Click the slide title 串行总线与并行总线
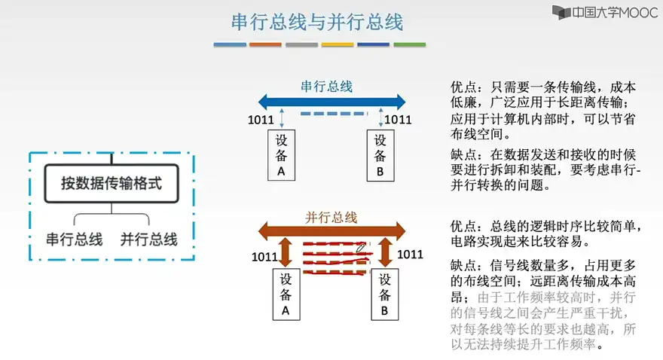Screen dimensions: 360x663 tap(317, 22)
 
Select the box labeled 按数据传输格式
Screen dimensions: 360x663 tap(111, 183)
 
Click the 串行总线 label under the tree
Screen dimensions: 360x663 tap(74, 239)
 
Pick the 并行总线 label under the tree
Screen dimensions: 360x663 tap(148, 239)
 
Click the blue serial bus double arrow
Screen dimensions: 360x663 tap(331, 101)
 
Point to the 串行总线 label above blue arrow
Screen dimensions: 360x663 tap(326, 86)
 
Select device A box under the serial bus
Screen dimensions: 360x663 tap(282, 156)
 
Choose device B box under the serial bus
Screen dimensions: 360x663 tap(380, 156)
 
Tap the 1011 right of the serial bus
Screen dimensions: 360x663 tap(398, 119)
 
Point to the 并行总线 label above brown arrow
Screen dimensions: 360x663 tap(331, 217)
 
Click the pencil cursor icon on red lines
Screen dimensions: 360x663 tap(362, 246)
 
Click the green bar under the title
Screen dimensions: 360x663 tap(409, 44)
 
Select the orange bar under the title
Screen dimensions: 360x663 tap(265, 44)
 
